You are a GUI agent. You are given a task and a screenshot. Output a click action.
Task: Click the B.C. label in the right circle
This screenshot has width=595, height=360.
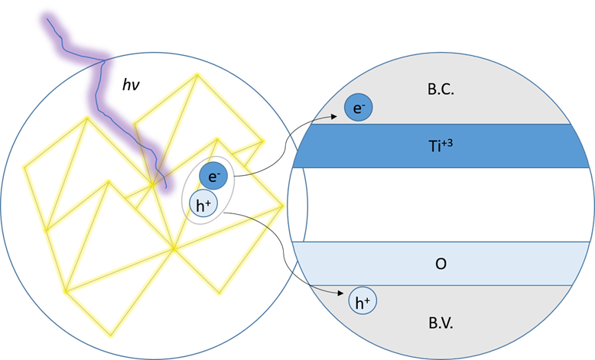click(441, 90)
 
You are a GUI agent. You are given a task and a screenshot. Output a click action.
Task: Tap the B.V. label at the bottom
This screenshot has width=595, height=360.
click(441, 323)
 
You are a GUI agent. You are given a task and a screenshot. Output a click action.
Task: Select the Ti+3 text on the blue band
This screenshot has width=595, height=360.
click(441, 144)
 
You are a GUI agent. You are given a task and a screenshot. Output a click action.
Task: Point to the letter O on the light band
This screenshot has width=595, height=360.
click(441, 264)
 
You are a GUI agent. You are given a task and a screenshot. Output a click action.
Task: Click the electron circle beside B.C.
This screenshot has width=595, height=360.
click(359, 108)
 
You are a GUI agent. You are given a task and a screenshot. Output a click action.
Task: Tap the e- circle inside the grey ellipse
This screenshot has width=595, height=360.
click(213, 177)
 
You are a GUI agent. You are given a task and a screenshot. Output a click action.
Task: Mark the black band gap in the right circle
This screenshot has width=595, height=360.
click(441, 205)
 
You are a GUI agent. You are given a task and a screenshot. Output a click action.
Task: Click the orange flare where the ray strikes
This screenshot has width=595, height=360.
click(157, 172)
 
